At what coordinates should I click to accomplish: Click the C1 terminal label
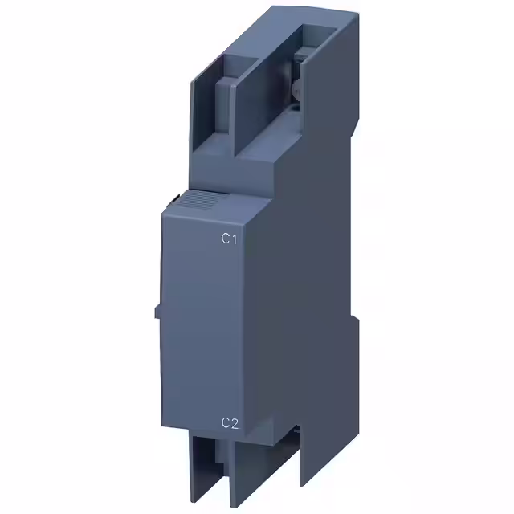(231, 238)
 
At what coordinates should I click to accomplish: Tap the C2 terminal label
(231, 424)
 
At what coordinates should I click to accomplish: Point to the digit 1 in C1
(236, 238)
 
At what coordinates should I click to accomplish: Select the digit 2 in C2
(236, 424)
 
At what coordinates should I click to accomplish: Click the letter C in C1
(226, 238)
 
